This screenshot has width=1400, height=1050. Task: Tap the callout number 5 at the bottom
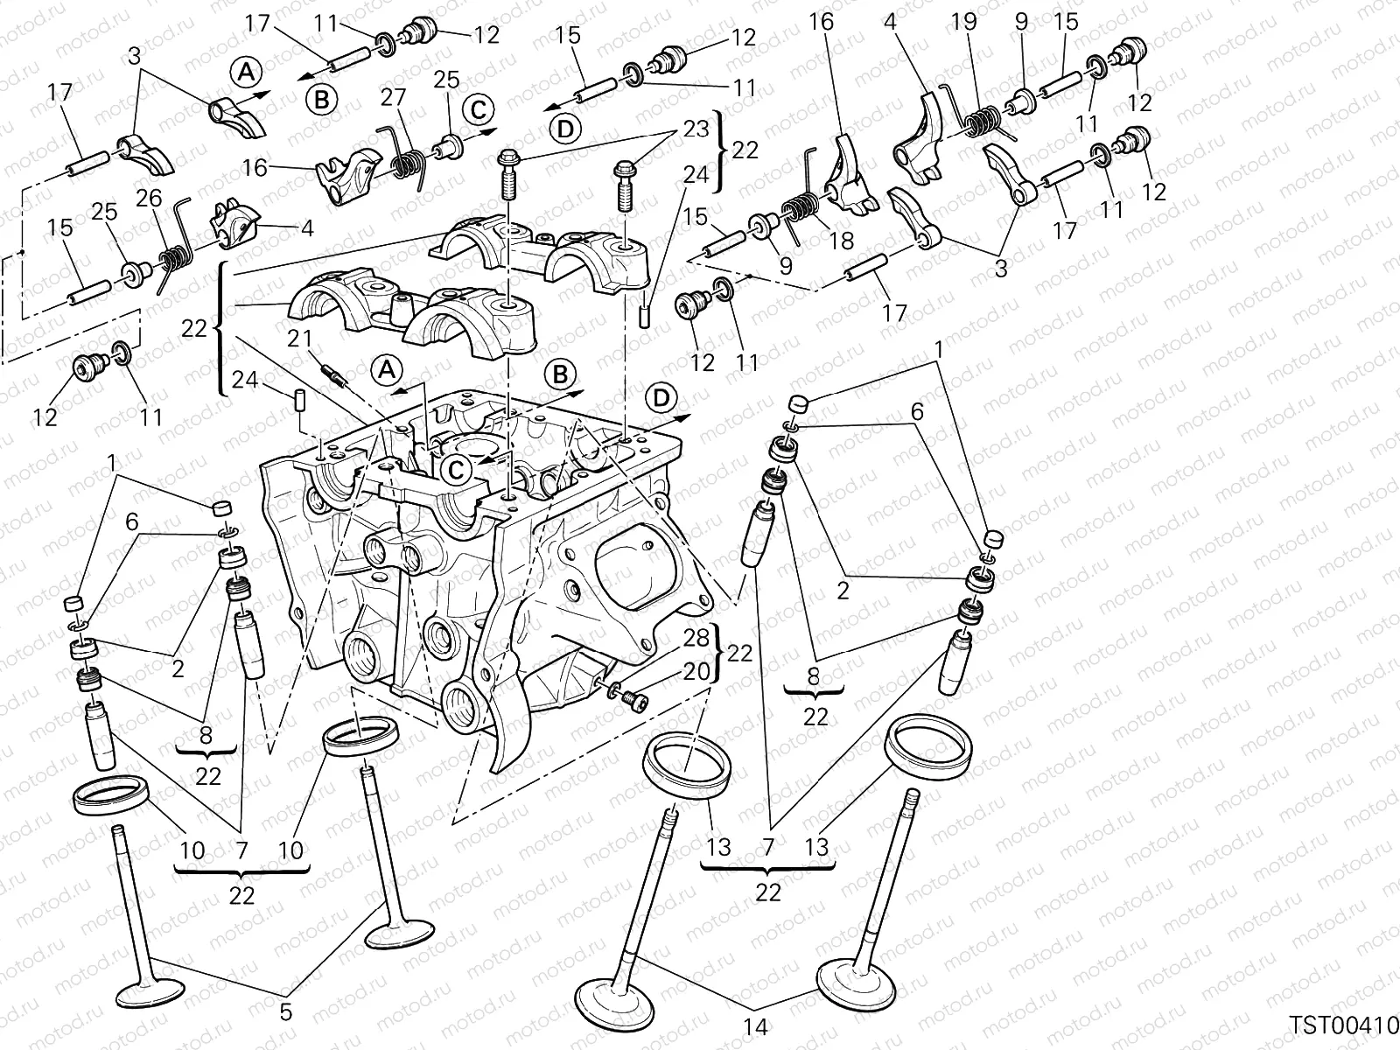coord(285,1012)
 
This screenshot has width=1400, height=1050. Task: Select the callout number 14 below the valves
coord(755,1027)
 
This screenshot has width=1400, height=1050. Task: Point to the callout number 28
coord(696,638)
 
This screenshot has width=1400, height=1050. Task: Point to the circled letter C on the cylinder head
coord(457,469)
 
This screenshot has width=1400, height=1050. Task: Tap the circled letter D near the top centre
coord(567,129)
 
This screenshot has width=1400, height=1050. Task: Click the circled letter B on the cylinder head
coord(560,375)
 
